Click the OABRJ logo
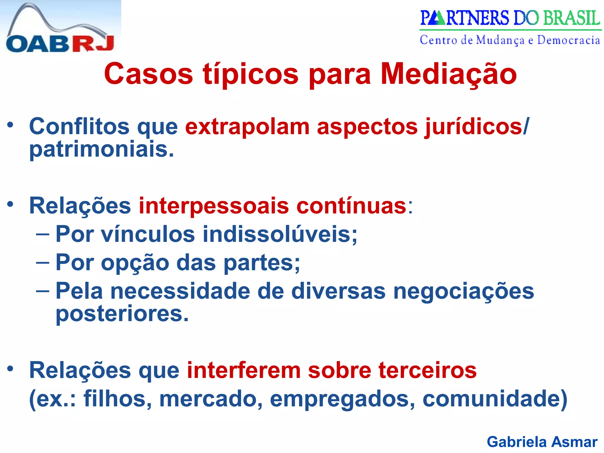pos(60,28)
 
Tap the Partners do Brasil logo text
pos(510,18)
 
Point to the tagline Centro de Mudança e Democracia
pos(510,40)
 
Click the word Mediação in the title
pos(449,74)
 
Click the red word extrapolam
pos(247,127)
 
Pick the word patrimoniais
pos(102,150)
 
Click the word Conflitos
pos(79,127)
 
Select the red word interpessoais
pos(214,206)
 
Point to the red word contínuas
pos(351,206)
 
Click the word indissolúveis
pos(280,234)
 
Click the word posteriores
pos(122,314)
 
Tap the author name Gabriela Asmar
pos(542,442)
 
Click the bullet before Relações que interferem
pos(11,369)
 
